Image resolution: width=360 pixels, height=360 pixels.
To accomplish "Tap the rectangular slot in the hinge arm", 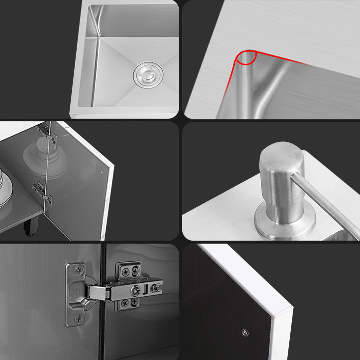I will pos(145,287).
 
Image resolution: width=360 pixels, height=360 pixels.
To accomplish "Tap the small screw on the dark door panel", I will pos(245,332).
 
